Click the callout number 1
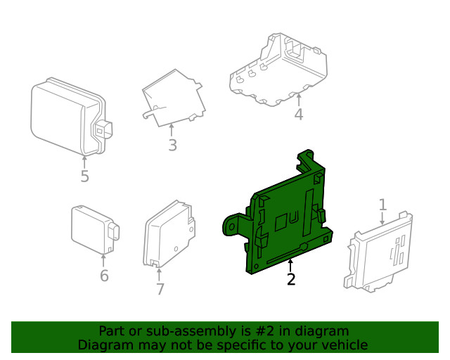(x=382, y=205)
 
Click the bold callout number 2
(x=290, y=279)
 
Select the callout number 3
(x=172, y=146)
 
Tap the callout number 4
(x=299, y=114)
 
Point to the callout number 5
(x=84, y=176)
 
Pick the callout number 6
(x=104, y=276)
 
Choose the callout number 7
(x=160, y=289)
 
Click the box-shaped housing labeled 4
(x=281, y=70)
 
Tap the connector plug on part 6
(x=115, y=234)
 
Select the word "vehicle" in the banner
(x=343, y=345)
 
